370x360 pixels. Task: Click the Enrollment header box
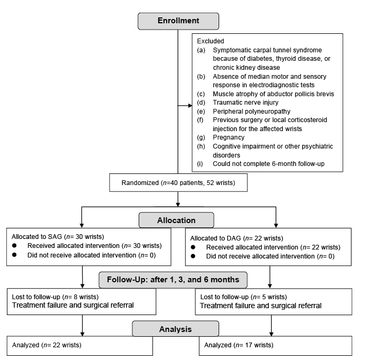(178, 21)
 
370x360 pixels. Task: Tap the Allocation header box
(176, 220)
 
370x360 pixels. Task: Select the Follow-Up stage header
(173, 280)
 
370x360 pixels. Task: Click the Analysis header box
(175, 329)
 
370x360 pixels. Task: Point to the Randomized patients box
(178, 182)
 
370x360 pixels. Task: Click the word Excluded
(211, 41)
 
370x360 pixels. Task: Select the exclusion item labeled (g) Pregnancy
(221, 137)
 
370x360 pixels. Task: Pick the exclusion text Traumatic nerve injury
(246, 103)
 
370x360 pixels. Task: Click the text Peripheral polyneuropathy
(251, 111)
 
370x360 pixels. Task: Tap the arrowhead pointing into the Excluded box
(190, 106)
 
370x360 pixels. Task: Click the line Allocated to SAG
(58, 236)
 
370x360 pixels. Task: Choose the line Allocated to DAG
(237, 238)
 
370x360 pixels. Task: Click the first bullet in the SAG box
(14, 245)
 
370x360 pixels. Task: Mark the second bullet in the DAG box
(193, 256)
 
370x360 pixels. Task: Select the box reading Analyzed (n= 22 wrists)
(80, 346)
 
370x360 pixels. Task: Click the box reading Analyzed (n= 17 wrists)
(275, 346)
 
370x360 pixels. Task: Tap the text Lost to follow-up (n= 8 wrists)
(55, 297)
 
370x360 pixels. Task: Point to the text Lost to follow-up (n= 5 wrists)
(243, 297)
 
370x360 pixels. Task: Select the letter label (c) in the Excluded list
(201, 94)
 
